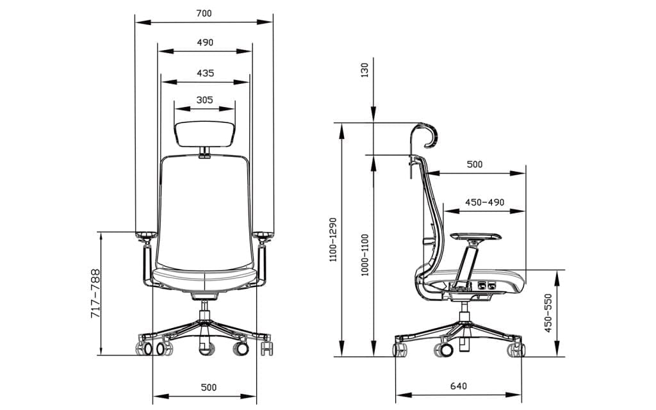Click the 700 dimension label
click(204, 13)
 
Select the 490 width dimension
click(205, 42)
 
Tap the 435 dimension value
click(205, 73)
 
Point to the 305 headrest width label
click(205, 100)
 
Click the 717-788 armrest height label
click(95, 293)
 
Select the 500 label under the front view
click(208, 387)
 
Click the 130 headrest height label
click(365, 70)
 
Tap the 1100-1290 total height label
click(332, 240)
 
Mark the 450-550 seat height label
click(548, 313)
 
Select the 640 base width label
click(458, 386)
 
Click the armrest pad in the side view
click(476, 236)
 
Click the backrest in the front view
click(205, 211)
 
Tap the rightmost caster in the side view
click(516, 349)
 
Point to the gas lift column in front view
click(205, 315)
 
